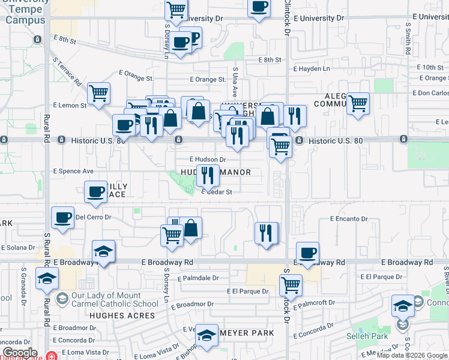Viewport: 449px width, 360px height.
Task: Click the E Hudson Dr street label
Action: click(208, 160)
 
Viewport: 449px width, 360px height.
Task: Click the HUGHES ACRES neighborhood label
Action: click(122, 315)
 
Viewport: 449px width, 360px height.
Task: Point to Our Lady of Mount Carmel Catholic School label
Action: click(114, 299)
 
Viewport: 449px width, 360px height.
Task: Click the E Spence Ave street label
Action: click(73, 171)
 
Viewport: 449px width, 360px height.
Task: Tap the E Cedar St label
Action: click(217, 192)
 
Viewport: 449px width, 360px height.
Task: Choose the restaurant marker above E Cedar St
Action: click(208, 175)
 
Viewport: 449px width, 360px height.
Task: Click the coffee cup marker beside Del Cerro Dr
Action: click(62, 218)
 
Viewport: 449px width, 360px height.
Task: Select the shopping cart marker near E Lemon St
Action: click(98, 92)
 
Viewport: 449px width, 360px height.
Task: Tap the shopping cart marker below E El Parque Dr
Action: click(291, 284)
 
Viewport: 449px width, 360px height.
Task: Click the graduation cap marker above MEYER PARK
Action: click(206, 335)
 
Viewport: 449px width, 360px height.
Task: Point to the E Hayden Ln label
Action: click(312, 68)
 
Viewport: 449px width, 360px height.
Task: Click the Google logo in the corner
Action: click(20, 353)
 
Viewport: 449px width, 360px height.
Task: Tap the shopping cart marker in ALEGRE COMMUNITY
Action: click(358, 103)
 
